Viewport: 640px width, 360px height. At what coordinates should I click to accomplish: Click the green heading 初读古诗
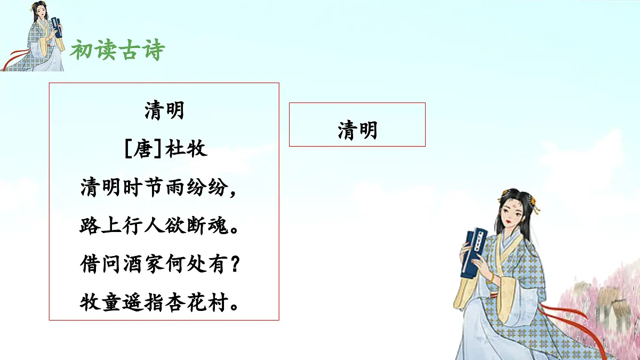click(x=118, y=51)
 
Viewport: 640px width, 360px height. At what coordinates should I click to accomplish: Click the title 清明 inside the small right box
click(x=357, y=130)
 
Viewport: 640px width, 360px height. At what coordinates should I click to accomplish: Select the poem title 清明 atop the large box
click(x=164, y=111)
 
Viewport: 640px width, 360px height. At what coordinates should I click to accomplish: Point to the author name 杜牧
click(x=186, y=149)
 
